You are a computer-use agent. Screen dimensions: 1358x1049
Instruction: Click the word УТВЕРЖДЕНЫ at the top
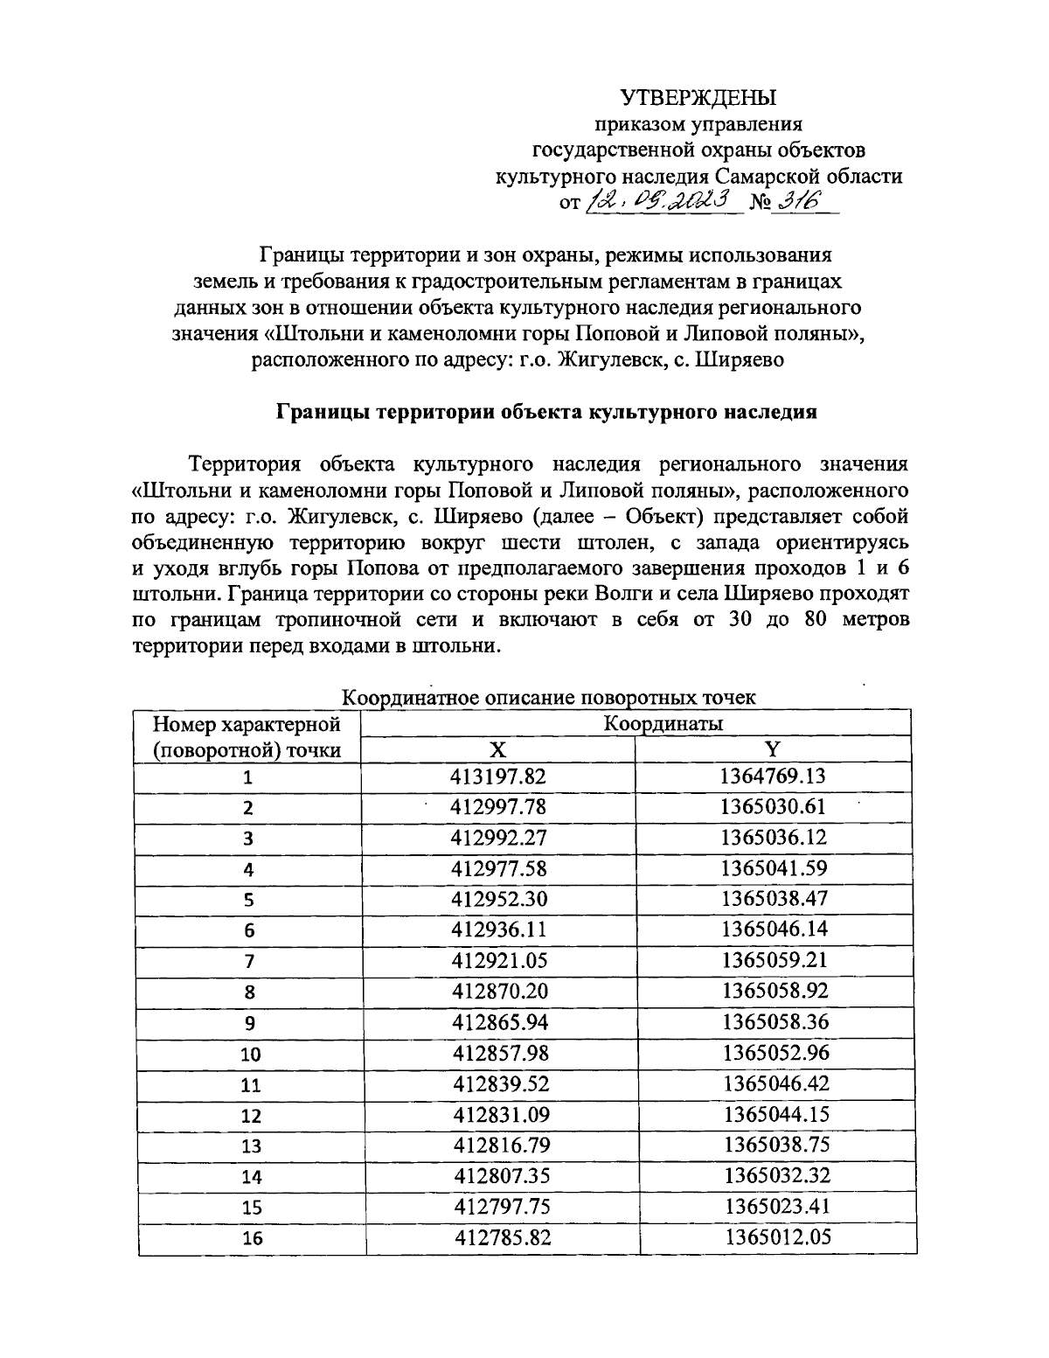click(x=698, y=97)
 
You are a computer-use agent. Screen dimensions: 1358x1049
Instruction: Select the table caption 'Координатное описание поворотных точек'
click(x=548, y=698)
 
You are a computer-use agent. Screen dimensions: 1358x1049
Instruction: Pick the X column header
click(x=497, y=749)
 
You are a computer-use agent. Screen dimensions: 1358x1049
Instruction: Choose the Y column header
click(x=773, y=749)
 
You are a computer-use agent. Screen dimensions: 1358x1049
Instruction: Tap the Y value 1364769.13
click(x=774, y=776)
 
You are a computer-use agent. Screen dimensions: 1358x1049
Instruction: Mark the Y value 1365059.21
click(x=774, y=960)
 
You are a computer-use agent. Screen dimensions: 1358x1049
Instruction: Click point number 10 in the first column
click(x=250, y=1055)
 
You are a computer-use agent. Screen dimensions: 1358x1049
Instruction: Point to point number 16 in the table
click(x=250, y=1239)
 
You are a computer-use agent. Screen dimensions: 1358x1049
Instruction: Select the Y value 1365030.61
click(x=774, y=806)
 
